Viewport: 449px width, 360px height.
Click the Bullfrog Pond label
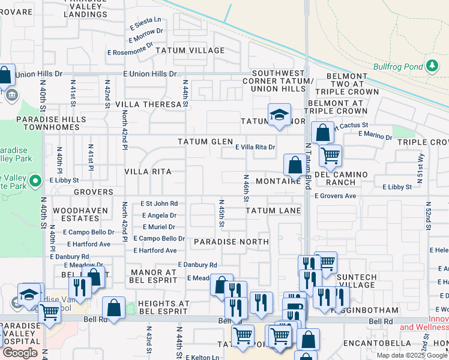click(397, 67)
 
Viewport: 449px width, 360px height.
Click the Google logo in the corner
click(20, 353)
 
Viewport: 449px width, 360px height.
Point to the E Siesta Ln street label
click(146, 24)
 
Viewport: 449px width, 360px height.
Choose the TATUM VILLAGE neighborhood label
click(190, 50)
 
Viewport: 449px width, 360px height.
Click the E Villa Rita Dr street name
click(255, 147)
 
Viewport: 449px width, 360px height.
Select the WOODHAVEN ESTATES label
click(80, 215)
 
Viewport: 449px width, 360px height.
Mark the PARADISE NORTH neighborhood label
click(231, 241)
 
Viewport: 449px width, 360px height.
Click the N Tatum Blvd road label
click(308, 163)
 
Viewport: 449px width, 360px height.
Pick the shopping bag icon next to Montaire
click(295, 164)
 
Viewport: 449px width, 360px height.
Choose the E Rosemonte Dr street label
click(131, 52)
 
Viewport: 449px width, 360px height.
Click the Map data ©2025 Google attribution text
click(412, 355)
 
